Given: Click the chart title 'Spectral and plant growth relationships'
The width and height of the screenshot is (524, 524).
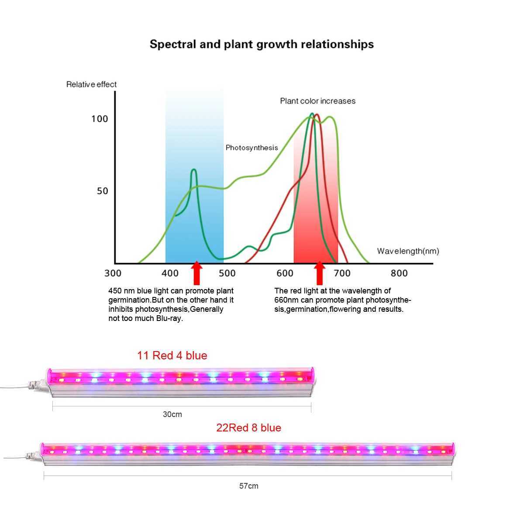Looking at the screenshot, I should pyautogui.click(x=262, y=45).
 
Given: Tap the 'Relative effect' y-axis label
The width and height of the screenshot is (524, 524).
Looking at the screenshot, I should pyautogui.click(x=91, y=84).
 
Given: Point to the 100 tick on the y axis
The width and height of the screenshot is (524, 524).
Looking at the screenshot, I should pyautogui.click(x=100, y=119).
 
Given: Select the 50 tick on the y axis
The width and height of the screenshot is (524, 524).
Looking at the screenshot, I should pyautogui.click(x=102, y=191).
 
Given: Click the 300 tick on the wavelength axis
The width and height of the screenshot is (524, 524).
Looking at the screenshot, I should pyautogui.click(x=113, y=273).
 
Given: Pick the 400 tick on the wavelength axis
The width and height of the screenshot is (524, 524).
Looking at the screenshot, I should pyautogui.click(x=170, y=273).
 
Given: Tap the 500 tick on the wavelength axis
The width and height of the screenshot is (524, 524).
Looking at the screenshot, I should pyautogui.click(x=227, y=273).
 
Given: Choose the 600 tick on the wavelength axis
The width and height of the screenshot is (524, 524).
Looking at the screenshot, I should pyautogui.click(x=285, y=273).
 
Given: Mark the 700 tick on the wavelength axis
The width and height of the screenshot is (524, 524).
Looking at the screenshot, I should pyautogui.click(x=342, y=273).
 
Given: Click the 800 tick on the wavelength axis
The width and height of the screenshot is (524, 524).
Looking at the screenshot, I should pyautogui.click(x=399, y=273).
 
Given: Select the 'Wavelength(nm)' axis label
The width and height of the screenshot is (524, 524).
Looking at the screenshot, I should pyautogui.click(x=408, y=251).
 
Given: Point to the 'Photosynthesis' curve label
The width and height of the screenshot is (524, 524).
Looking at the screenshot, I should pyautogui.click(x=252, y=148).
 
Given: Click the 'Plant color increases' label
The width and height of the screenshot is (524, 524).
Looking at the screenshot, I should pyautogui.click(x=317, y=101).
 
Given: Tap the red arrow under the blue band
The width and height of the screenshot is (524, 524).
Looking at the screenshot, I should pyautogui.click(x=197, y=272).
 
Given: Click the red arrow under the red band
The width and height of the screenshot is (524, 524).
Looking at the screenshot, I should pyautogui.click(x=320, y=272).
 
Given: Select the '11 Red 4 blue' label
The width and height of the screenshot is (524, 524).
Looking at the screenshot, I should pyautogui.click(x=172, y=355).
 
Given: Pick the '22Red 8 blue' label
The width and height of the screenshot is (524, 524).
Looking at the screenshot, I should pyautogui.click(x=248, y=428).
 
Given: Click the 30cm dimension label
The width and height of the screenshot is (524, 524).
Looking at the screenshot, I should pyautogui.click(x=172, y=414).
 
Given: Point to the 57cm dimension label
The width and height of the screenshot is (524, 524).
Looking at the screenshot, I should pyautogui.click(x=248, y=486).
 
